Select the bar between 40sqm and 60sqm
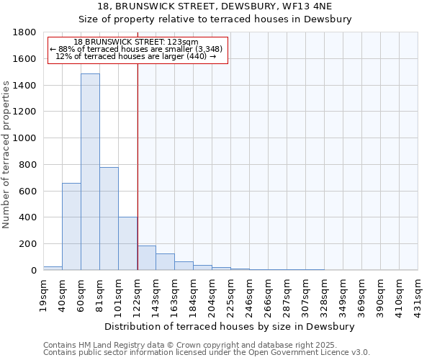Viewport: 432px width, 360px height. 71,226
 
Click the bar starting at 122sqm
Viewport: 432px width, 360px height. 146,258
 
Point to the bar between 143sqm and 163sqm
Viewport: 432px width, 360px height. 165,262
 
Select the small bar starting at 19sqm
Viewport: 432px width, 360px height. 53,268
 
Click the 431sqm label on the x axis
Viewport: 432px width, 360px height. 418,294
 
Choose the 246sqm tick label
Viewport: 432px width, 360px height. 249,294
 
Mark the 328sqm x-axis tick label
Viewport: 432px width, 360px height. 324,294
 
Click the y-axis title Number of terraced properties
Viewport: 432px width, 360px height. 7,155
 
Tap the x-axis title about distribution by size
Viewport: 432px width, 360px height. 230,326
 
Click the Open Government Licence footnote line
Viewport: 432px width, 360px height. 206,353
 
